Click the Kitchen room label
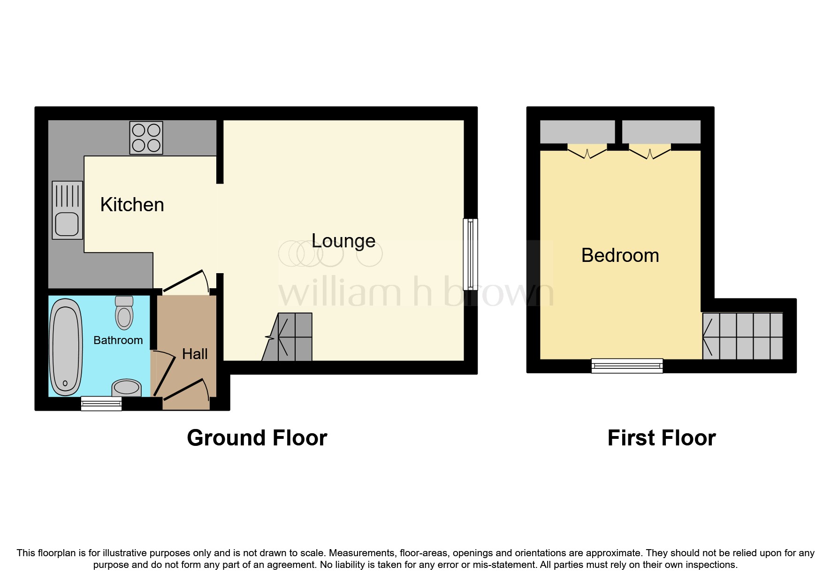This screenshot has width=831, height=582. coord(132,205)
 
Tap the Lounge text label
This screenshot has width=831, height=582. coord(343,241)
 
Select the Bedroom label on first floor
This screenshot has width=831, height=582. coord(620,255)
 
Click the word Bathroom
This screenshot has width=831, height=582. coord(118,340)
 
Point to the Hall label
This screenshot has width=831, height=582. coord(195,354)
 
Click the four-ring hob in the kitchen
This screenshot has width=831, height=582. coord(146,138)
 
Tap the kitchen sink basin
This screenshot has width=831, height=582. coord(67,224)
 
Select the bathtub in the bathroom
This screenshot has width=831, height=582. coord(66,347)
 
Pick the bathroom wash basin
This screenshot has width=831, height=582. coord(127,388)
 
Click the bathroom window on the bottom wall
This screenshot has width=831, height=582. coord(101,404)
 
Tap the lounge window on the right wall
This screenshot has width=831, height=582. coord(470,254)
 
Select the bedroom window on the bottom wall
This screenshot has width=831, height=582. coord(627,366)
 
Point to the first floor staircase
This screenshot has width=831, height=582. coord(743,336)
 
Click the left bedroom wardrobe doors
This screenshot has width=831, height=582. coord(587,153)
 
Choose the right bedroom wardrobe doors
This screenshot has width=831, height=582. coord(650,153)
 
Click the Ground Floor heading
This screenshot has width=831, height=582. coord(257,438)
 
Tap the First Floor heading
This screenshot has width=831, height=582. coord(661,438)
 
